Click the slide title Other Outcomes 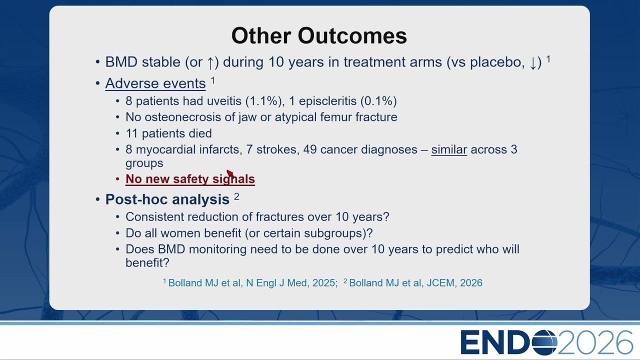[x=319, y=35]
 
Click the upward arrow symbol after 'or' [x=210, y=62]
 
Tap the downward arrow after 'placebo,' [x=533, y=62]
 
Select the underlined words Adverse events [x=155, y=83]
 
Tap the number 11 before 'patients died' [x=131, y=133]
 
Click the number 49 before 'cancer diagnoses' [x=309, y=149]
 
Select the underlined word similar [x=449, y=149]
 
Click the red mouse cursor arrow [x=230, y=173]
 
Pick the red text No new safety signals [x=190, y=179]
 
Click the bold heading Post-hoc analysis [x=167, y=199]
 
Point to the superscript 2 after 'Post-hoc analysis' [x=236, y=196]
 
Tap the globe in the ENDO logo [x=544, y=342]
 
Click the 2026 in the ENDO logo [x=595, y=342]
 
